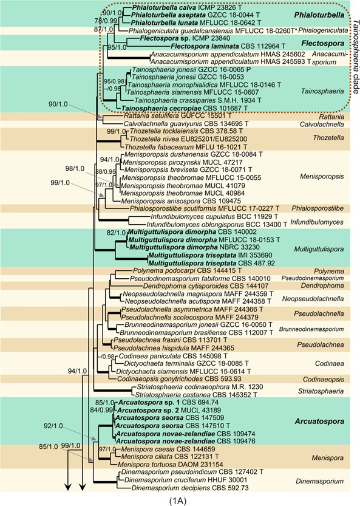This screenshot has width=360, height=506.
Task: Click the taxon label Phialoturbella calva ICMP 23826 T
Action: click(192, 7)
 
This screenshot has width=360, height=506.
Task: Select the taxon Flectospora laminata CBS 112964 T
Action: click(228, 46)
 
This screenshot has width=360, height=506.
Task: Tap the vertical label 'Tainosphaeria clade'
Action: click(355, 56)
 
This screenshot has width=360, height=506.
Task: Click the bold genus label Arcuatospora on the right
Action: click(319, 421)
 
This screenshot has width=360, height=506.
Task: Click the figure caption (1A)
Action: click(178, 501)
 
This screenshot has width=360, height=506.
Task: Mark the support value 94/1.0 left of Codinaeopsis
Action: click(78, 371)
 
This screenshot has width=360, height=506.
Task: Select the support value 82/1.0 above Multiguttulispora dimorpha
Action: click(117, 232)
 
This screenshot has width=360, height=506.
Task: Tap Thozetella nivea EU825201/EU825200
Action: click(188, 139)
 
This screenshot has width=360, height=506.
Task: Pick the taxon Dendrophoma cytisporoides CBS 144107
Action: click(202, 286)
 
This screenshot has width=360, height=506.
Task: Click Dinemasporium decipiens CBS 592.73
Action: click(189, 488)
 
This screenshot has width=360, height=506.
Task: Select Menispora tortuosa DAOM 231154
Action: click(171, 465)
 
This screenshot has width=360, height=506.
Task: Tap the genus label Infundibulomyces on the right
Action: click(317, 222)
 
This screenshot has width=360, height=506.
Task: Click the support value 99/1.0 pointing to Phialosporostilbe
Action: click(60, 183)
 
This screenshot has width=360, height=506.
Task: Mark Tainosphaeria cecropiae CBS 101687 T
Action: click(184, 108)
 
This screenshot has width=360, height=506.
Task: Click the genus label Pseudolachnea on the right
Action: click(321, 344)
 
